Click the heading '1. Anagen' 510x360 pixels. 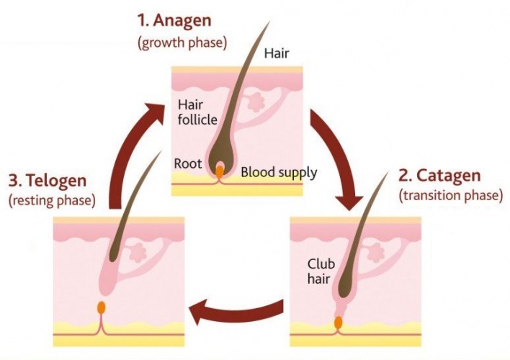click(x=174, y=20)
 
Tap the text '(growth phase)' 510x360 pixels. click(x=182, y=42)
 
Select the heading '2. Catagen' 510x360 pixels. click(x=439, y=176)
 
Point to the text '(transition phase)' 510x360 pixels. click(x=450, y=195)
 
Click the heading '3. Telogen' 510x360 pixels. click(x=48, y=181)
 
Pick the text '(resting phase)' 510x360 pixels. click(x=52, y=200)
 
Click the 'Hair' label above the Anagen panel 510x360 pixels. click(x=277, y=53)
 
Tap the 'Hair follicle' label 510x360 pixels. click(x=197, y=112)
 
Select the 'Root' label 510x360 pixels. click(x=188, y=163)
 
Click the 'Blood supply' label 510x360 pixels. click(x=279, y=172)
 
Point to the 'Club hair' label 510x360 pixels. click(x=321, y=271)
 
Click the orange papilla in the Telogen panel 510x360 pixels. click(x=102, y=307)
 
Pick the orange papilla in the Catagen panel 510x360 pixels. click(x=339, y=323)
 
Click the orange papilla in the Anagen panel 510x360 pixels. click(x=220, y=171)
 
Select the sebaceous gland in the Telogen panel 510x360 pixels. click(x=138, y=252)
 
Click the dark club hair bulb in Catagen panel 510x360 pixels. click(x=345, y=283)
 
